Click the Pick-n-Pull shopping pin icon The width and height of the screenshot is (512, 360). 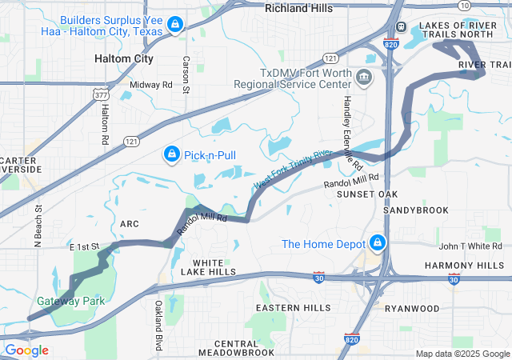click(171, 154)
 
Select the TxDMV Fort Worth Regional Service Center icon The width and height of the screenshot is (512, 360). click(364, 78)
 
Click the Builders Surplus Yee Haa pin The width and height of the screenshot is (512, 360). click(174, 25)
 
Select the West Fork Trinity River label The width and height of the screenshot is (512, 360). click(292, 169)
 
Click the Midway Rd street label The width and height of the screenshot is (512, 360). click(150, 84)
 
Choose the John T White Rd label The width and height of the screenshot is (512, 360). click(470, 246)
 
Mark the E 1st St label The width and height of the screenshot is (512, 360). click(82, 246)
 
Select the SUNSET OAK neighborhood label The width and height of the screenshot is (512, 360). click(366, 194)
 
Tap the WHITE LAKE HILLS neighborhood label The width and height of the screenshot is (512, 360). click(214, 267)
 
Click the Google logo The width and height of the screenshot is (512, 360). click(26, 350)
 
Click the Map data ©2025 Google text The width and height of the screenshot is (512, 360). click(462, 354)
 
